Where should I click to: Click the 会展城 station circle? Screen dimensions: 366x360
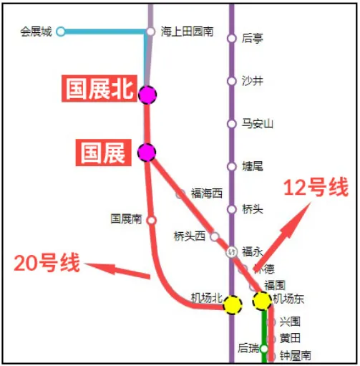(x=61, y=32)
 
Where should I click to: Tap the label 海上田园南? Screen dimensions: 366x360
(x=187, y=32)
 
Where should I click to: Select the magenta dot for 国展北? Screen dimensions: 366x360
(x=147, y=94)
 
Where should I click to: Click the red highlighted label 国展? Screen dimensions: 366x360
(x=103, y=153)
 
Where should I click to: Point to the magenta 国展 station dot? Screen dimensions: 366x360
(x=147, y=152)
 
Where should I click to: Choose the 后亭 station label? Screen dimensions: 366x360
(x=253, y=39)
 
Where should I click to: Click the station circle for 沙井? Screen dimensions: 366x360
(x=231, y=81)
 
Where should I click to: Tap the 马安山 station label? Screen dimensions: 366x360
(x=258, y=124)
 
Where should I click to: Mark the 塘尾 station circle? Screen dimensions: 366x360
(x=231, y=166)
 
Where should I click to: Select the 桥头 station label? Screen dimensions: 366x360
(x=253, y=209)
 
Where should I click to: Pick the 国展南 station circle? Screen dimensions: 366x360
(x=151, y=220)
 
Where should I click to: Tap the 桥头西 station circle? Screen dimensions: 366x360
(x=214, y=236)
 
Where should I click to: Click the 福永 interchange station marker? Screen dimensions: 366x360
(x=231, y=252)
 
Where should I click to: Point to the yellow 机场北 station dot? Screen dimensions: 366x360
(x=232, y=305)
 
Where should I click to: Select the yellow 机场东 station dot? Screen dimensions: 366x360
(x=261, y=301)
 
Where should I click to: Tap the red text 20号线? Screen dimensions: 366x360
(x=47, y=263)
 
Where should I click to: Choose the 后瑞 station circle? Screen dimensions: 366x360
(x=263, y=349)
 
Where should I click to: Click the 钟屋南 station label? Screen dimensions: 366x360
(x=295, y=355)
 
